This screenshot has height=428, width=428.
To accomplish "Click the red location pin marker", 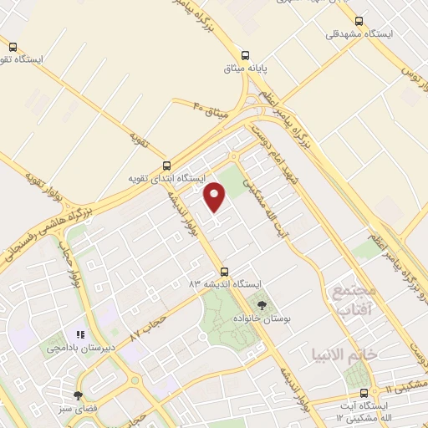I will click(x=216, y=196).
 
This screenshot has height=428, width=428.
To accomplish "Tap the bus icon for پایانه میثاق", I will click(x=243, y=51).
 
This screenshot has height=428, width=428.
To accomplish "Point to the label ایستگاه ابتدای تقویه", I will click(x=166, y=179).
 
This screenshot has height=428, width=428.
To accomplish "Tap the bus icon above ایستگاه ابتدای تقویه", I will click(x=166, y=165).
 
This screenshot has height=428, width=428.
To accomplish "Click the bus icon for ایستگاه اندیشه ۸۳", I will click(x=224, y=271).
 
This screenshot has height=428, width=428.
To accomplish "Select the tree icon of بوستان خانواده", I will click(x=262, y=304).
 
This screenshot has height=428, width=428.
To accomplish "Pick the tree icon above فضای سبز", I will click(x=78, y=395).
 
